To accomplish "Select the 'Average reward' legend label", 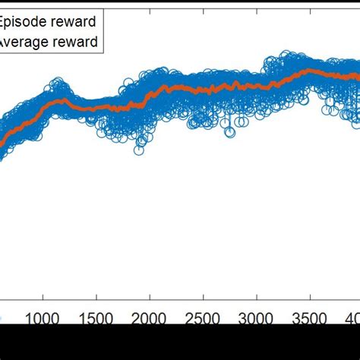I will pos(50,42).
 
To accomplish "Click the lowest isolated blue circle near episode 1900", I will pos(139,150).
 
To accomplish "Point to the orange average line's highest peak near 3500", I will pos(309,71).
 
